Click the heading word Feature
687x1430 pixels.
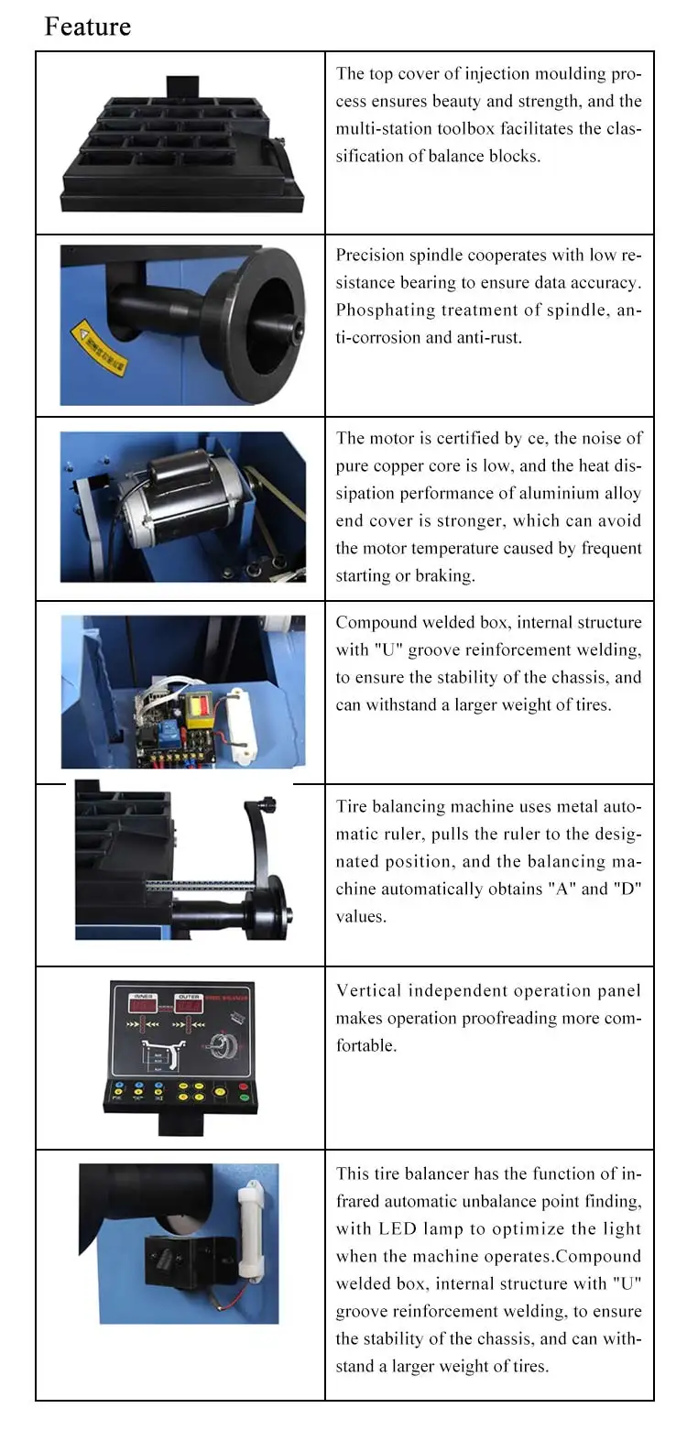(x=88, y=27)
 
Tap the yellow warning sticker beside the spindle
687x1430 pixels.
(x=100, y=348)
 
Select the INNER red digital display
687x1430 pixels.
(x=142, y=1005)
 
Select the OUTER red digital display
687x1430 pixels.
(x=191, y=1005)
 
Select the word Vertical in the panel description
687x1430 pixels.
(x=368, y=990)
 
